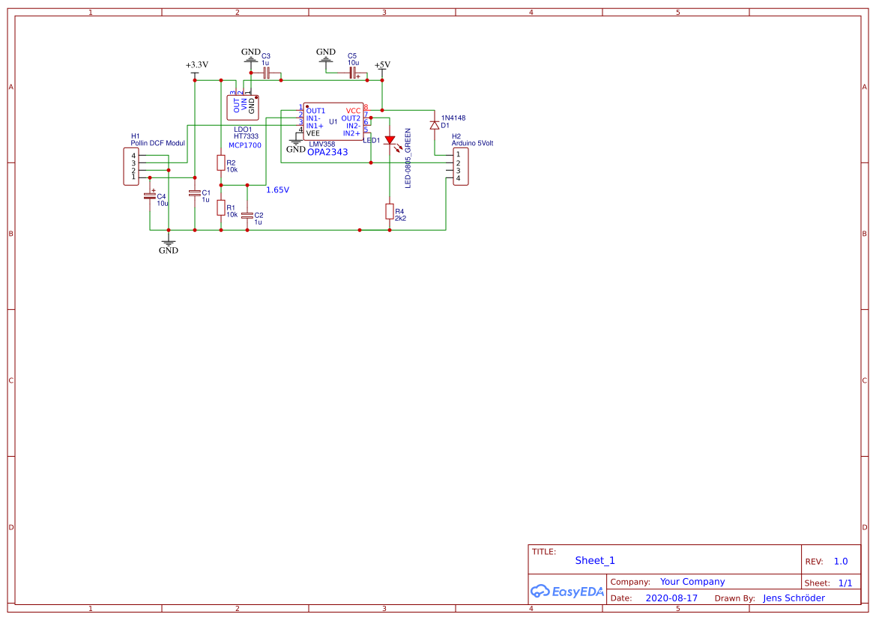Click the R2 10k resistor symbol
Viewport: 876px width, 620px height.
coord(220,162)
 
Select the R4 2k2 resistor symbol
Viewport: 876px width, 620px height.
coord(389,211)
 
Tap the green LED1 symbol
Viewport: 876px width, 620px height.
coord(390,141)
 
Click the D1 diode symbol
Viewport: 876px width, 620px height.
coord(434,125)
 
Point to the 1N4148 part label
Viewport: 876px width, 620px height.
coord(453,118)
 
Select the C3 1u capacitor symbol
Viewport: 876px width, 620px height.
coord(266,73)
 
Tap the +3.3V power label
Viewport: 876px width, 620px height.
coord(197,65)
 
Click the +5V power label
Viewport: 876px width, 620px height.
coord(382,65)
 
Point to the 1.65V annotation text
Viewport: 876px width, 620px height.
coord(277,190)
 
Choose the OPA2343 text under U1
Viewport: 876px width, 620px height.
coord(327,152)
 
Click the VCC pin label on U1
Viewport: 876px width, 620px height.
coord(353,111)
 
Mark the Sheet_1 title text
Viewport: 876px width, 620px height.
coord(595,560)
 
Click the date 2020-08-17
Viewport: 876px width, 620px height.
coord(671,598)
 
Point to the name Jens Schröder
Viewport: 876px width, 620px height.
coord(794,598)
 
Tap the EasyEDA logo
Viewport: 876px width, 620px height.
coord(567,591)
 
